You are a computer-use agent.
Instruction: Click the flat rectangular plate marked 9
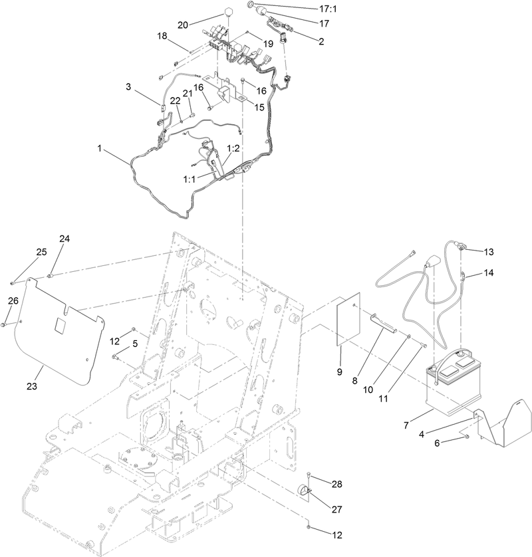click(x=346, y=320)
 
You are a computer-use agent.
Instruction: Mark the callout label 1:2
click(x=233, y=148)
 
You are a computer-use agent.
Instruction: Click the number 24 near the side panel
click(x=65, y=238)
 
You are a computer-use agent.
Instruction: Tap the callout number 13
click(x=489, y=252)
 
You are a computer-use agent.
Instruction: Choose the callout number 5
click(x=135, y=344)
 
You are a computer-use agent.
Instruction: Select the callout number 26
click(x=13, y=301)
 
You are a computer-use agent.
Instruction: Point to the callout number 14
click(x=489, y=273)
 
